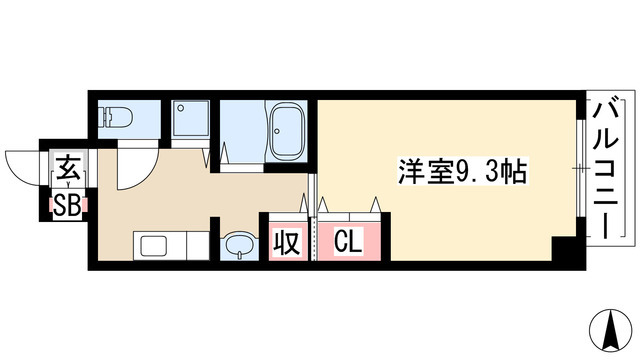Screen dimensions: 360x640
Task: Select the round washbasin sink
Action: tap(237, 244)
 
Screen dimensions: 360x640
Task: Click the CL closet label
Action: tap(348, 242)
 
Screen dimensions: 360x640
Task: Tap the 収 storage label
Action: tap(287, 242)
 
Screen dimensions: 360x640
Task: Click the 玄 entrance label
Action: tap(68, 168)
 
